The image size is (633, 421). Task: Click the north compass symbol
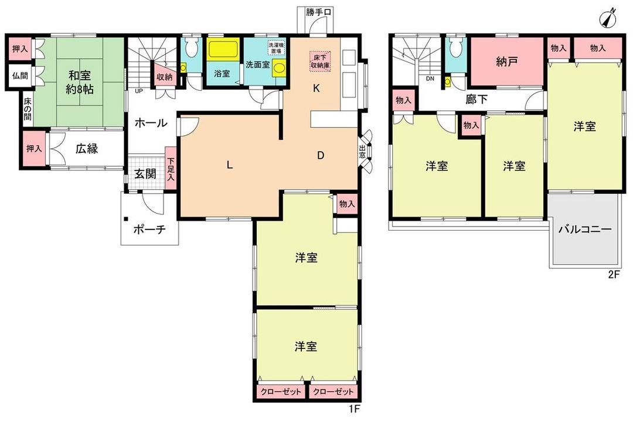click(x=607, y=18)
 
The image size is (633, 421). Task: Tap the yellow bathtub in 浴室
click(x=222, y=50)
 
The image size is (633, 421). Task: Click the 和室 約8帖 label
click(x=80, y=82)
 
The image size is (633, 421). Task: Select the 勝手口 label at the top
click(x=318, y=12)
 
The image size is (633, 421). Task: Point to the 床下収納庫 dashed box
click(x=321, y=61)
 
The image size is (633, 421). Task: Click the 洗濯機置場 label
click(x=277, y=49)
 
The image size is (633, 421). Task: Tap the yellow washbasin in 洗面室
click(x=278, y=68)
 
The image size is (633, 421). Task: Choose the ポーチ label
click(x=149, y=230)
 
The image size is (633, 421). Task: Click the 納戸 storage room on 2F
click(x=508, y=61)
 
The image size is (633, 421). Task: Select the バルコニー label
click(x=585, y=230)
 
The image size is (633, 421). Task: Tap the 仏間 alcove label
click(x=20, y=76)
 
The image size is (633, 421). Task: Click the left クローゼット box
click(x=281, y=392)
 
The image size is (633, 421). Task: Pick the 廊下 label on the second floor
click(x=477, y=100)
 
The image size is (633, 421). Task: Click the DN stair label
click(x=430, y=78)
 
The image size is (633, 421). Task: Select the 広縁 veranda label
click(x=87, y=149)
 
